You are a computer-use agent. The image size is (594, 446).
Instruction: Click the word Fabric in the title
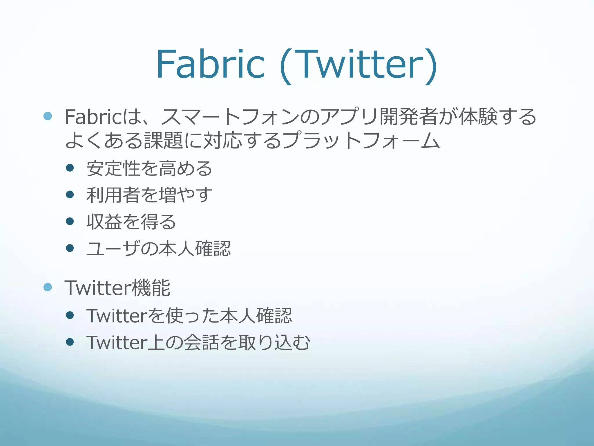click(x=210, y=64)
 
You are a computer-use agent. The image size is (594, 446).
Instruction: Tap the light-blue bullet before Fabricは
click(x=48, y=116)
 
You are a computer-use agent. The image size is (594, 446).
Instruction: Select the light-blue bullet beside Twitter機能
click(x=48, y=287)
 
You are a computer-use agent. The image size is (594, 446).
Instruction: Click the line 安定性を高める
click(x=149, y=168)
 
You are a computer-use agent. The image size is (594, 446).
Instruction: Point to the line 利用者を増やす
click(x=149, y=195)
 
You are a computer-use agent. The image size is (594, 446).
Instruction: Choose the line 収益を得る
click(x=131, y=222)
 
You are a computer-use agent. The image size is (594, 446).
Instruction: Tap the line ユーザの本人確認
click(x=158, y=249)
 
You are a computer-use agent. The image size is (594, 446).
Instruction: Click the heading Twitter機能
click(x=117, y=288)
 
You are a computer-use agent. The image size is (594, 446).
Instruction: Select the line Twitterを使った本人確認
click(x=189, y=316)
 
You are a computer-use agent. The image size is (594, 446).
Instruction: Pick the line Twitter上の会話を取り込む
click(x=198, y=342)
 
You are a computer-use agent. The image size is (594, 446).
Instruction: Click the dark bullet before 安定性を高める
click(x=70, y=168)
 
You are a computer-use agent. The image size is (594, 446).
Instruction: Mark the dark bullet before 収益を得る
click(x=70, y=221)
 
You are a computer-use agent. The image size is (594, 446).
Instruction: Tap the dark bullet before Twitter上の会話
click(x=70, y=342)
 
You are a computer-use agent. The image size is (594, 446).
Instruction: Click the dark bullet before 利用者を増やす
click(x=70, y=194)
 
